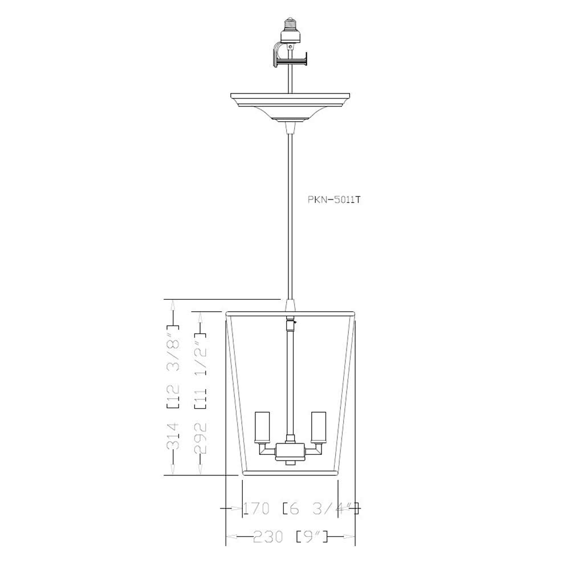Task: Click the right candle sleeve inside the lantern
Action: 317,426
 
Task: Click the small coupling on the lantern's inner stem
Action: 291,325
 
